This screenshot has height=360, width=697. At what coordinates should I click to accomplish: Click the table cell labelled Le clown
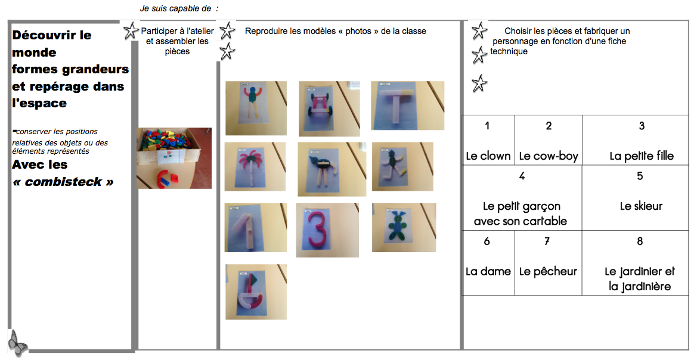(488, 140)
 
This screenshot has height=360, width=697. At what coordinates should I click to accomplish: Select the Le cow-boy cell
(549, 140)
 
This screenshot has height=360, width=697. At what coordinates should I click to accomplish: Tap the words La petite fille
(642, 156)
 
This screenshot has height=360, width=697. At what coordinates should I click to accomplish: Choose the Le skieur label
(641, 206)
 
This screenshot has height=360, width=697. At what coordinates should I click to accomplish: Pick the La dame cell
(488, 263)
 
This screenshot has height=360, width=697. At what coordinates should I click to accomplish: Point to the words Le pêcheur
(548, 271)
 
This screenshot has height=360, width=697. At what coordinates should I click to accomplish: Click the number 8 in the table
(640, 241)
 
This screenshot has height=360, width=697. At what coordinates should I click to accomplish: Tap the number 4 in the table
(522, 176)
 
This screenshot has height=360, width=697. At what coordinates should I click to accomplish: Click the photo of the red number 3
(327, 230)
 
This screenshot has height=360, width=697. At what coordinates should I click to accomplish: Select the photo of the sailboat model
(256, 292)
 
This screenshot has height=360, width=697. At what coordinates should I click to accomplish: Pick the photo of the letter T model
(408, 105)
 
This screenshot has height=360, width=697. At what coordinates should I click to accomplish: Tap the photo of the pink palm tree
(255, 167)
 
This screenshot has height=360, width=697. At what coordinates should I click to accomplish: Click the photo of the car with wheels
(329, 108)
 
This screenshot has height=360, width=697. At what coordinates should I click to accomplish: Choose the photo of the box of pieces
(174, 158)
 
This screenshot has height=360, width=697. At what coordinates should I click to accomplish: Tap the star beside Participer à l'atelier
(131, 31)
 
